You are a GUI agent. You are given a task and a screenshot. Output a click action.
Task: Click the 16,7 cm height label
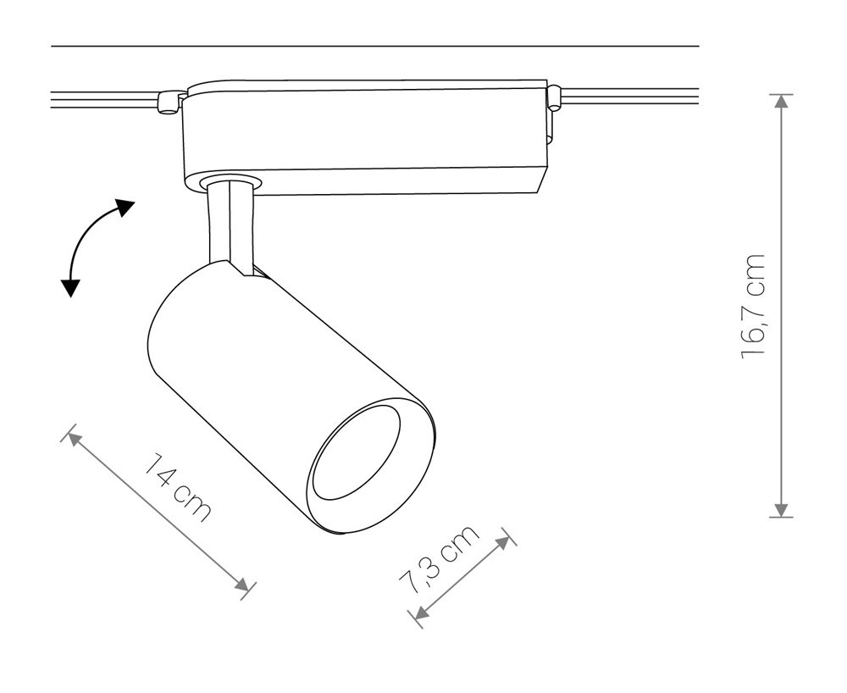[754, 306]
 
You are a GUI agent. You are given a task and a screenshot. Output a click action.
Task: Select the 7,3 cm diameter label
[439, 559]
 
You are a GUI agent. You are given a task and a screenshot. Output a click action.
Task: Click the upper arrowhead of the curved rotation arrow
[125, 207]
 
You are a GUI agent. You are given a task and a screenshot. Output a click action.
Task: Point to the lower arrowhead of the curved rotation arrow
[69, 288]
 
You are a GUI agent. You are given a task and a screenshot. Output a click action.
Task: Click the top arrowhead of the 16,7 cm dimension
[781, 102]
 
